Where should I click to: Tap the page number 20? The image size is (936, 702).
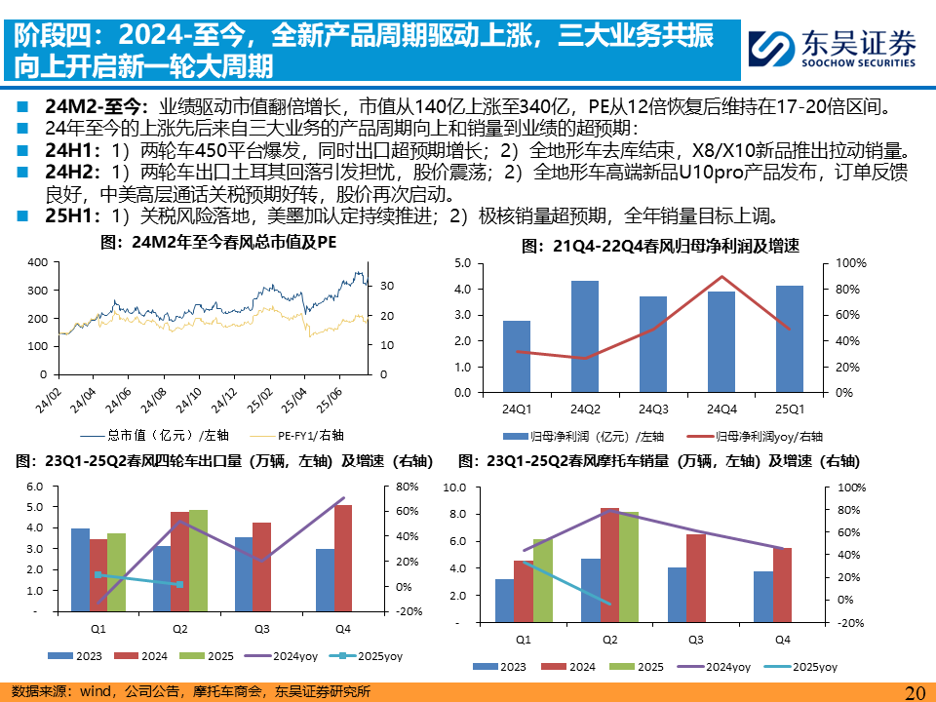coord(915,692)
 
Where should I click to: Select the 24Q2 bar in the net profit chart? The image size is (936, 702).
coord(585,336)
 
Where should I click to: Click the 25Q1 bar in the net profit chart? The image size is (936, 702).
coord(790,338)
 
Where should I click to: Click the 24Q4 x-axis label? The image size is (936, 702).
coord(721,409)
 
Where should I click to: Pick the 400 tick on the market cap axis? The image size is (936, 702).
coord(37,263)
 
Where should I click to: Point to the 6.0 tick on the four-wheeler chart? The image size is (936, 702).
coord(34,487)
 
